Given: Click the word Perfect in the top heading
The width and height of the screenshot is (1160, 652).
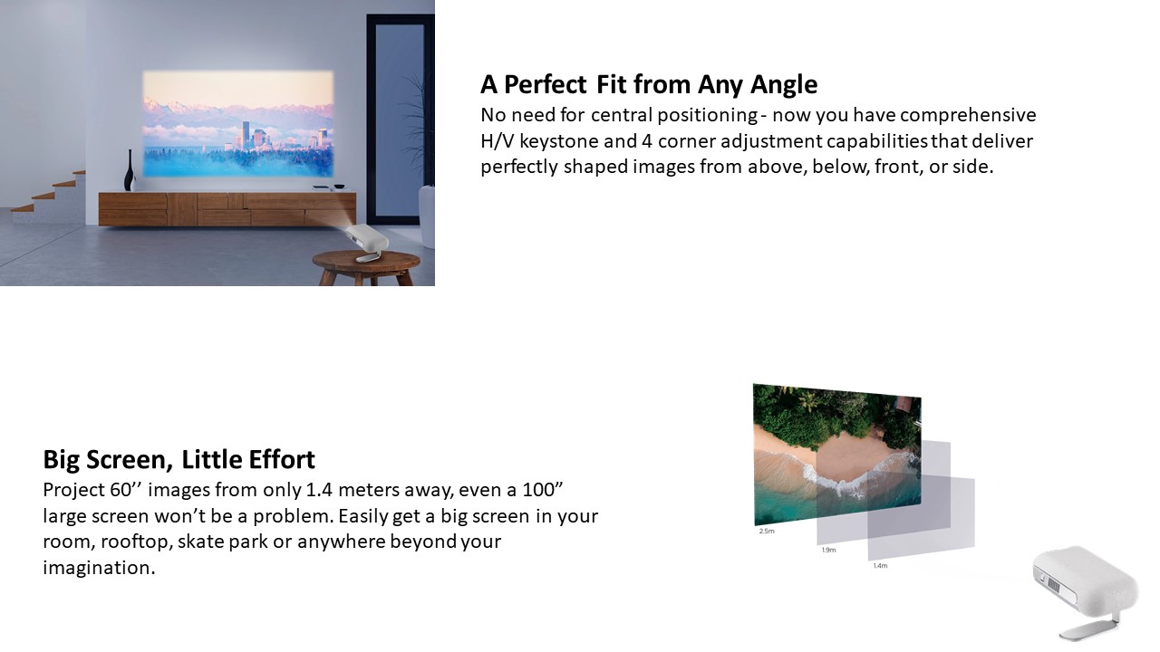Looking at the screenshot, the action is click(545, 84).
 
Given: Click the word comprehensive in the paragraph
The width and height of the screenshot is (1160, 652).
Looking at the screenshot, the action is click(967, 115).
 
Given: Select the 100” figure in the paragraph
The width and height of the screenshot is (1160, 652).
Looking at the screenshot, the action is click(542, 490).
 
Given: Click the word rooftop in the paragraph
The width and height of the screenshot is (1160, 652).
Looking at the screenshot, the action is click(136, 542).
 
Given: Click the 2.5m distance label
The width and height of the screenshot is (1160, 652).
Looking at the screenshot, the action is click(767, 531).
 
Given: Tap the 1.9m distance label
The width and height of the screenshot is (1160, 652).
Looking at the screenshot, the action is click(828, 550).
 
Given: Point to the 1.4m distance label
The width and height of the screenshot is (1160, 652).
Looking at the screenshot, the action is click(880, 566).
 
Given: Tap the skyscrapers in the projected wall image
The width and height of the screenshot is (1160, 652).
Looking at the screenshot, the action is click(253, 135).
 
